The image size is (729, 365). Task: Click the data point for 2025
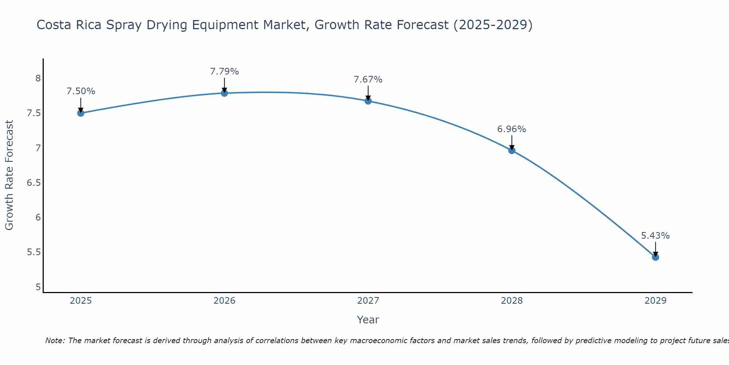[x=81, y=113]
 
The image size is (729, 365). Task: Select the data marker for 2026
[x=224, y=93]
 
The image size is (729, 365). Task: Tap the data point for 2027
[x=368, y=101]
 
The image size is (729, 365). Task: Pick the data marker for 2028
[x=512, y=150]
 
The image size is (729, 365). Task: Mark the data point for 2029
[x=655, y=257]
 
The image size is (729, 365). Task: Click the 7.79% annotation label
[x=224, y=72]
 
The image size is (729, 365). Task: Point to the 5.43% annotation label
[x=655, y=236]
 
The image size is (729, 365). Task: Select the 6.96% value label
[x=512, y=129]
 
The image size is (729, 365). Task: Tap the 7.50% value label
[x=81, y=91]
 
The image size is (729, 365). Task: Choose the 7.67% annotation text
[x=368, y=80]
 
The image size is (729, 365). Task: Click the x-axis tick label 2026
[x=224, y=301]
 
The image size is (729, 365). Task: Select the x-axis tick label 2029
[x=655, y=301]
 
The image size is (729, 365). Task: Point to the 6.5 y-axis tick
[x=34, y=183]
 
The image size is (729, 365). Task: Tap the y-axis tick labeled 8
[x=38, y=78]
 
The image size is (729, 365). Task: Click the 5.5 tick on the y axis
[x=34, y=252]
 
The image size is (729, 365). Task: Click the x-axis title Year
[x=368, y=320]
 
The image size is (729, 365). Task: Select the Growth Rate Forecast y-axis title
[x=9, y=175]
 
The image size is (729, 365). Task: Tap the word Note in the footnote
[x=54, y=341]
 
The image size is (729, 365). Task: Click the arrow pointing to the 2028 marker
[x=512, y=142]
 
